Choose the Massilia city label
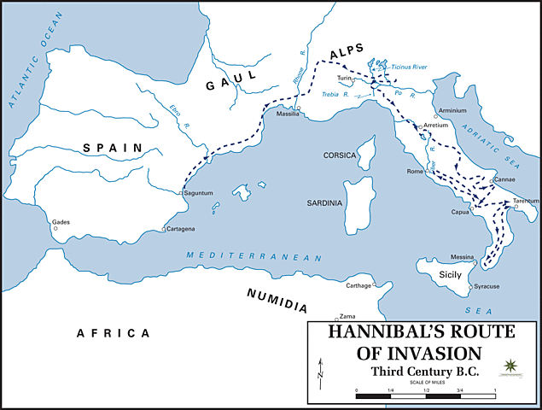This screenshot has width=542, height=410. pos(287,114)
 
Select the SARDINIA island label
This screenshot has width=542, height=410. pos(324,203)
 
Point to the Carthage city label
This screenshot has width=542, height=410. pos(358,285)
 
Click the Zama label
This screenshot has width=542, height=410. pos(347,315)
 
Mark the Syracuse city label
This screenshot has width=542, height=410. pos(487,286)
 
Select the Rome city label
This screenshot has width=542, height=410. pos(416,172)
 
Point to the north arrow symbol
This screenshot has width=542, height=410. pos(320,369)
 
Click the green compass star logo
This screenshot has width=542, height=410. pos(511,366)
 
